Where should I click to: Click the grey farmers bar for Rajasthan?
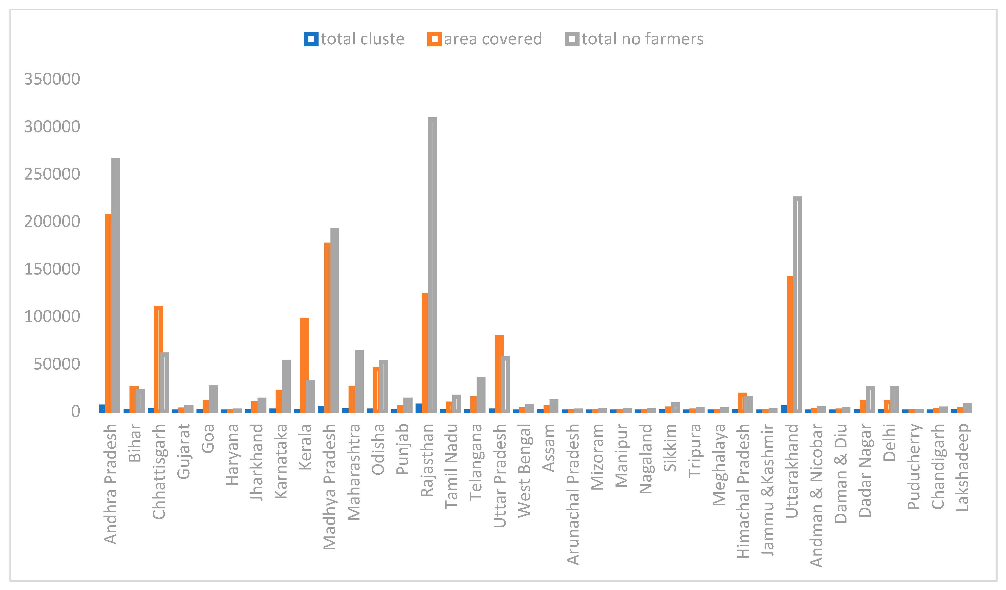[x=432, y=263]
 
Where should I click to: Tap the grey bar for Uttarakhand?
[x=797, y=303]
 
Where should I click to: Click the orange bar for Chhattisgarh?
[x=158, y=359]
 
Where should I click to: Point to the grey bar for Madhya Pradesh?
[x=335, y=319]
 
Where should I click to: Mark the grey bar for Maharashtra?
[x=359, y=381]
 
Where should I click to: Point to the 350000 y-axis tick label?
[x=52, y=79]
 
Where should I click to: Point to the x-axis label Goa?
[x=208, y=438]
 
